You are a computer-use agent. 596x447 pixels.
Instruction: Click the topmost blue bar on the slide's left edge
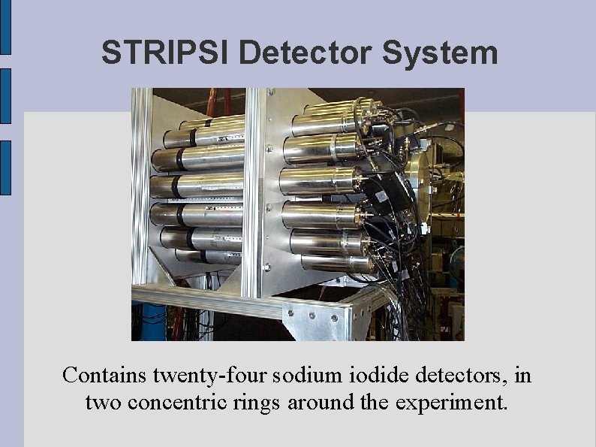pos(5,27)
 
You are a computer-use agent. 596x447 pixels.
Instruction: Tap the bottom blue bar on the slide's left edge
pos(5,168)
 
